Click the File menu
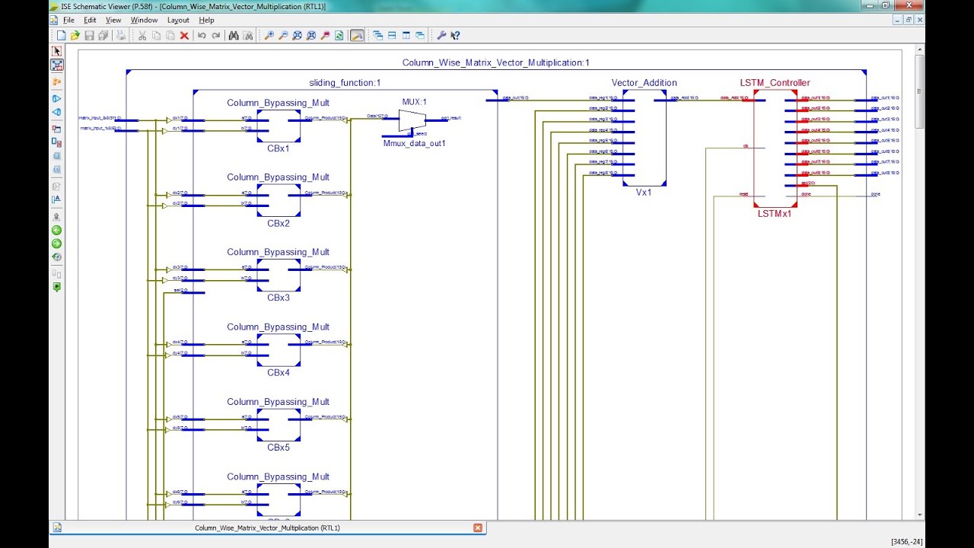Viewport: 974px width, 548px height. pyautogui.click(x=68, y=20)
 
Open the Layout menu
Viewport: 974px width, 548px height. pyautogui.click(x=178, y=20)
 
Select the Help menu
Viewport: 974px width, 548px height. pyautogui.click(x=206, y=20)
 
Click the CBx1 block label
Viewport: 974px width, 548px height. pyautogui.click(x=278, y=148)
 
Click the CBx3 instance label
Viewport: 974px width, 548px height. pyautogui.click(x=278, y=298)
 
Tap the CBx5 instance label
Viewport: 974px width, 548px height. pyautogui.click(x=278, y=448)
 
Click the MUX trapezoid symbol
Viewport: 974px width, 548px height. pyautogui.click(x=412, y=119)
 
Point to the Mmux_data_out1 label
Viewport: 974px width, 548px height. pyautogui.click(x=414, y=143)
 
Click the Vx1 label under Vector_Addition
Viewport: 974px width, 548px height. pyautogui.click(x=644, y=193)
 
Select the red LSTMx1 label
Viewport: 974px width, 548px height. pyautogui.click(x=775, y=214)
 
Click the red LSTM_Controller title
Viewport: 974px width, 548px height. pyautogui.click(x=775, y=83)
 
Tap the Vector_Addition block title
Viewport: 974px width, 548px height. pyautogui.click(x=644, y=83)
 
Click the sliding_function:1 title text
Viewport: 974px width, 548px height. pyautogui.click(x=345, y=83)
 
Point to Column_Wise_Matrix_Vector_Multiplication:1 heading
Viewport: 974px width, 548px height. pyautogui.click(x=495, y=63)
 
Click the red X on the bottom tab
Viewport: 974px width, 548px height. pyautogui.click(x=478, y=527)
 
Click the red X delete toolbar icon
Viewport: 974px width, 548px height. pyautogui.click(x=184, y=36)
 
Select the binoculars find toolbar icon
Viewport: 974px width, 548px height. pyautogui.click(x=234, y=36)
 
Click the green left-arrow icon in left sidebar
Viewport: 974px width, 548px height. pyautogui.click(x=56, y=230)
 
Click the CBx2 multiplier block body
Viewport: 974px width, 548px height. pyautogui.click(x=278, y=200)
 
